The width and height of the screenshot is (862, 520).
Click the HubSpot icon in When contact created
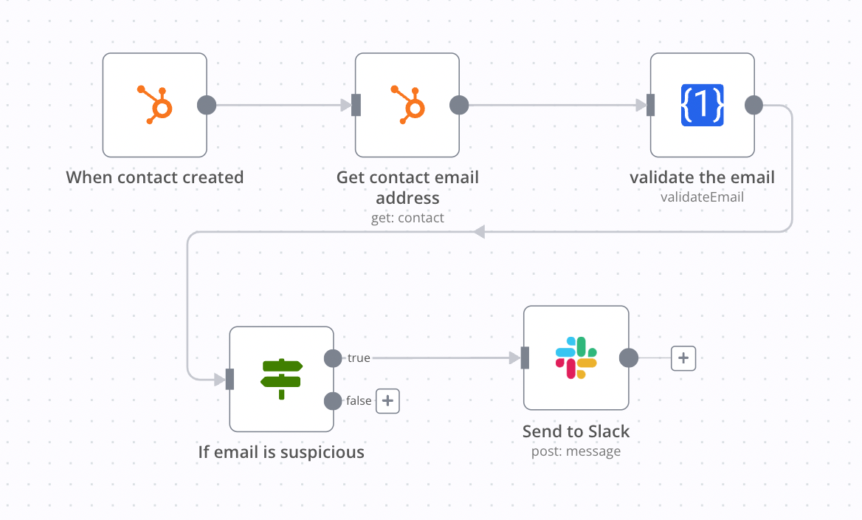pyautogui.click(x=155, y=105)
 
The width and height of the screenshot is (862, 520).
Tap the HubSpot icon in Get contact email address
pyautogui.click(x=407, y=105)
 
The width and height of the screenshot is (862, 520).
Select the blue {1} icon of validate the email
pyautogui.click(x=702, y=105)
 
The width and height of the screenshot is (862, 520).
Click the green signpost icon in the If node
pyautogui.click(x=281, y=379)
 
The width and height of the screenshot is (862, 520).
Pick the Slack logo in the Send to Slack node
pyautogui.click(x=576, y=357)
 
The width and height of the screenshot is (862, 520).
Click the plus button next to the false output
pyautogui.click(x=388, y=401)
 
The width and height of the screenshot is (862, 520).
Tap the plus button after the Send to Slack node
pyautogui.click(x=683, y=358)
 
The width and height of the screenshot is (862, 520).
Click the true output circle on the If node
pyautogui.click(x=333, y=358)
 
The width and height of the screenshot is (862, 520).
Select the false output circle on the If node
pyautogui.click(x=333, y=401)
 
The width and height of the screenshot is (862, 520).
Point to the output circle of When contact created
pyautogui.click(x=207, y=105)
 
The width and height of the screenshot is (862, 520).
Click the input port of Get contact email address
pyautogui.click(x=356, y=105)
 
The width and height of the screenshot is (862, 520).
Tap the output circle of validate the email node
pyautogui.click(x=754, y=105)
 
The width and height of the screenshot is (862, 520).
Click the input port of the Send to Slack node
pyautogui.click(x=525, y=358)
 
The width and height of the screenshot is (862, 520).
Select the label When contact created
pyautogui.click(x=155, y=177)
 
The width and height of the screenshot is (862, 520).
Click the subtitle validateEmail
pyautogui.click(x=702, y=197)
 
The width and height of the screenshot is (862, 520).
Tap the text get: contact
pyautogui.click(x=407, y=218)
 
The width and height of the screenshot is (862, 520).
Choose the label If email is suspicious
pyautogui.click(x=281, y=452)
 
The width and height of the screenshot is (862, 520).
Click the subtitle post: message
pyautogui.click(x=576, y=451)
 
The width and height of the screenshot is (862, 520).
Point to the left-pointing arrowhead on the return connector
pyautogui.click(x=479, y=232)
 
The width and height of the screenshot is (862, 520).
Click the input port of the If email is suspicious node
pyautogui.click(x=230, y=379)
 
